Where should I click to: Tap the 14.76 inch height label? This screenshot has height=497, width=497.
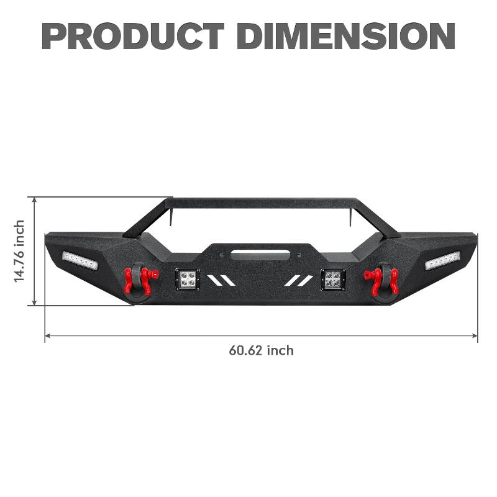20,251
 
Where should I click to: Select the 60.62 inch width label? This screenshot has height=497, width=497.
261,350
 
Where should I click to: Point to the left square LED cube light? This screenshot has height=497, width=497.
187,280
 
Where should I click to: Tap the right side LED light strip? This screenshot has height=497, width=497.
442,260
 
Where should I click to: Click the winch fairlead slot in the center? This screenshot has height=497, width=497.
260,254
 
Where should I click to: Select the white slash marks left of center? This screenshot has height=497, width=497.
221,281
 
